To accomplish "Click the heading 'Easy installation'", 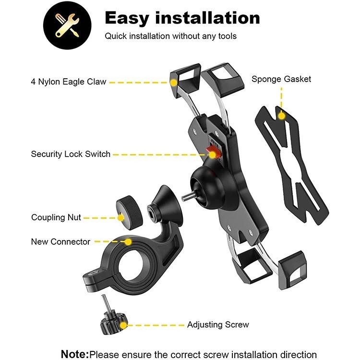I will (182, 18).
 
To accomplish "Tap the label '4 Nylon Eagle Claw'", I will (69, 82).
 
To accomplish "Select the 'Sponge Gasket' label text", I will (281, 79).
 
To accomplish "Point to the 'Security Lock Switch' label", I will (71, 154).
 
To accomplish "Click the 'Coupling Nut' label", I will (56, 217).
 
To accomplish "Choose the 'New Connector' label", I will (60, 241).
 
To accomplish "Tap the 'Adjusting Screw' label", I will (218, 324).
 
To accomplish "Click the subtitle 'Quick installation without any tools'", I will (171, 36).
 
